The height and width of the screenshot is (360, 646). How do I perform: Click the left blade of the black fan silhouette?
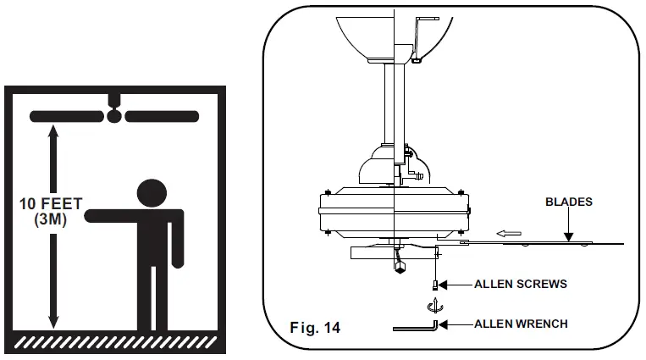click(x=68, y=115)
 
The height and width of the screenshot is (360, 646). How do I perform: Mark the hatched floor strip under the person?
click(x=114, y=341)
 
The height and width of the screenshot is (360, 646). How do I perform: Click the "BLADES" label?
click(x=568, y=202)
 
